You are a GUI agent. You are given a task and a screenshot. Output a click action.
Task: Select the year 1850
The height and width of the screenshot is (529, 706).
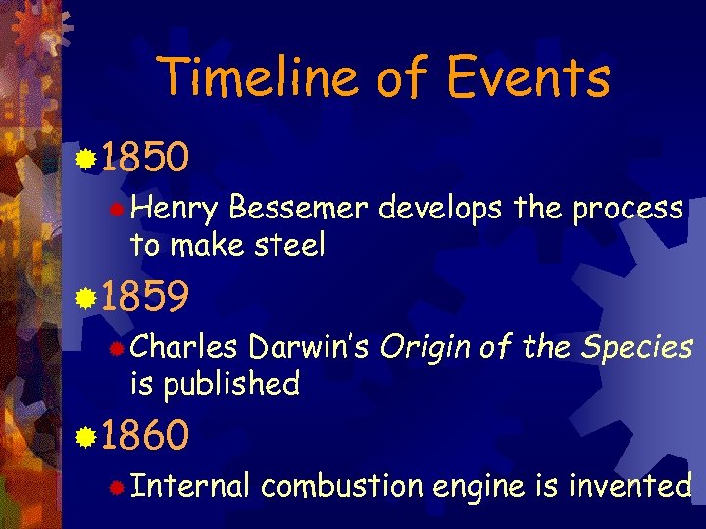click(145, 156)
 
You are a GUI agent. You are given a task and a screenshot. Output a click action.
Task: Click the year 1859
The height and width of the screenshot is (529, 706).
click(145, 297)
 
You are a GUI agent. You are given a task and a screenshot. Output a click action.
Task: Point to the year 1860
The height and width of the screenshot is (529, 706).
click(145, 435)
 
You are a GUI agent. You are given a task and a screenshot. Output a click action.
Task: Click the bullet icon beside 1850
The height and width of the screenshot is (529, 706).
click(86, 157)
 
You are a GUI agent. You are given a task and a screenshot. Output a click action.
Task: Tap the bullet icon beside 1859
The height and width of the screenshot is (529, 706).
click(86, 297)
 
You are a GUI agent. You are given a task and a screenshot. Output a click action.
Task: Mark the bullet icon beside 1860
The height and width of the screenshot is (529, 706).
click(86, 435)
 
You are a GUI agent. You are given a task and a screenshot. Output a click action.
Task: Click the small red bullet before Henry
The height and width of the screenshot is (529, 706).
click(117, 210)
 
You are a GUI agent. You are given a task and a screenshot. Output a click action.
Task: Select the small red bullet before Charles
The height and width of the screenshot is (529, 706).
click(117, 348)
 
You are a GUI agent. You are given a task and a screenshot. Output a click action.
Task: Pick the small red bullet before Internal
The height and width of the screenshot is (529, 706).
click(117, 487)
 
